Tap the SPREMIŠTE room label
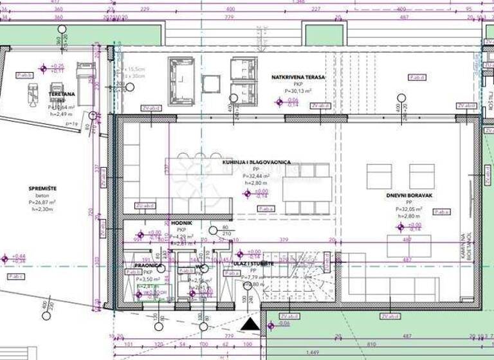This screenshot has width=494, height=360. (42, 188)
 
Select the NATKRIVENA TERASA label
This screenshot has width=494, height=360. (298, 77)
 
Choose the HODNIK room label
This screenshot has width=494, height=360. (181, 223)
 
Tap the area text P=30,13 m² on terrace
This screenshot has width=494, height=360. (298, 91)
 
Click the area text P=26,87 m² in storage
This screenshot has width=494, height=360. (42, 202)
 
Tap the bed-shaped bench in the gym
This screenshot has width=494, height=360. (84, 78)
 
